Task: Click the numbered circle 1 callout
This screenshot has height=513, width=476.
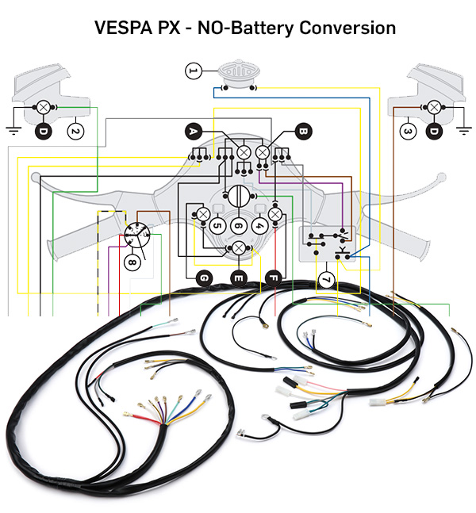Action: pos(192,72)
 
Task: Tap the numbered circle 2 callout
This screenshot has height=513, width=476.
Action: pos(75,131)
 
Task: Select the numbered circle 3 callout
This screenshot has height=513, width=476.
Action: pos(407,131)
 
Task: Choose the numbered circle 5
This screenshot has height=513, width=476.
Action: pos(217,226)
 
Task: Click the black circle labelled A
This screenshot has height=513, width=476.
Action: pos(193,131)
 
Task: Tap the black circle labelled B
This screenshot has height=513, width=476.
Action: pos(302,131)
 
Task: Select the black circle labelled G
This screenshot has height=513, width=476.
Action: pos(204,278)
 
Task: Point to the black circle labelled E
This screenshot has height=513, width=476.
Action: pos(238,278)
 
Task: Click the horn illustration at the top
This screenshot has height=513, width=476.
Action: pos(236,73)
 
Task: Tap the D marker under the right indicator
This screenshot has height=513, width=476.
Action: pos(434,131)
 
